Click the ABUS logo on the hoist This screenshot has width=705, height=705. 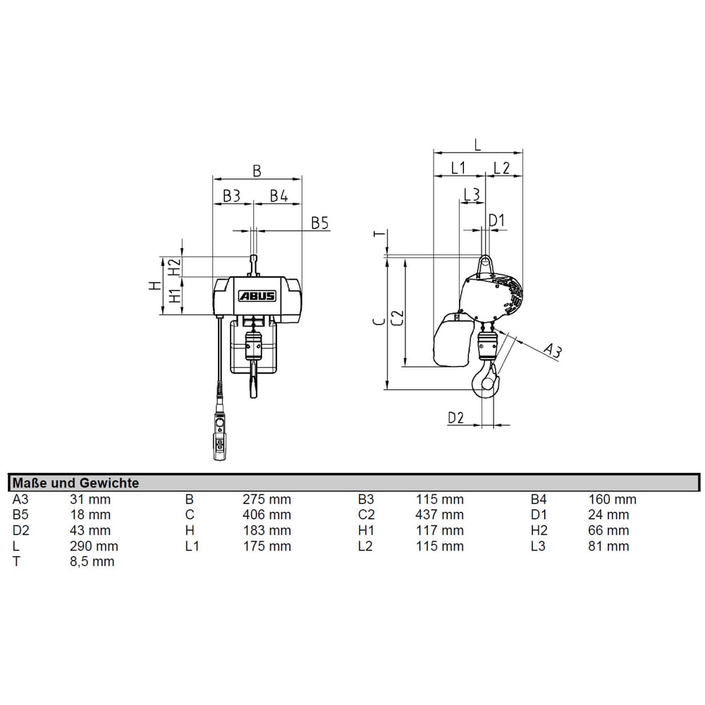tap(257, 296)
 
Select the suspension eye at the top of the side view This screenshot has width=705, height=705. tap(485, 264)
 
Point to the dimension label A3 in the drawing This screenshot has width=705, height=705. tap(553, 350)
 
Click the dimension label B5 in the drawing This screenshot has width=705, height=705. tap(320, 223)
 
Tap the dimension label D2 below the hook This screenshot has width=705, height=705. tap(456, 417)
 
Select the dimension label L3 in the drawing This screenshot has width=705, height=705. tap(472, 193)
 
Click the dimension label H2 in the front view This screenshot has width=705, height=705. tap(173, 266)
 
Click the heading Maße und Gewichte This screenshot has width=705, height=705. tap(75, 483)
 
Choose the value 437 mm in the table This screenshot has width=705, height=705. tap(440, 515)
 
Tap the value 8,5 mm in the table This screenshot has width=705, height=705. tap(92, 561)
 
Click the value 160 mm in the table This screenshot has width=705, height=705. tap(612, 499)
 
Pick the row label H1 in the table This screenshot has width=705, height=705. tap(366, 530)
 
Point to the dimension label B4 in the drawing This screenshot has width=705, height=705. tap(278, 195)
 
